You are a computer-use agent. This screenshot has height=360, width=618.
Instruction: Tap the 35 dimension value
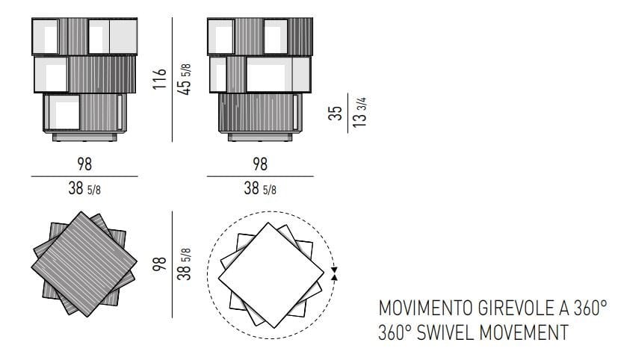click(337, 112)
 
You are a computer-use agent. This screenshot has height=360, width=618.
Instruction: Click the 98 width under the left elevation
click(84, 164)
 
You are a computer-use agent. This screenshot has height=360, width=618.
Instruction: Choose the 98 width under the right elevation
click(259, 164)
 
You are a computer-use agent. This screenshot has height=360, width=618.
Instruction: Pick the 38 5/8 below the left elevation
click(84, 187)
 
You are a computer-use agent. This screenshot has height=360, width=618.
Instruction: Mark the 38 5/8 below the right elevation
click(259, 187)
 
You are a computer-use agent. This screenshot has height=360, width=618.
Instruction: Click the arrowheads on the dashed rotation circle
click(333, 273)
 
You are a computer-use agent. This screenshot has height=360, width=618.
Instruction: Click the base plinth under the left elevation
click(84, 137)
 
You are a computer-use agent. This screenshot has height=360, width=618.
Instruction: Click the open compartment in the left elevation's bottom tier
click(63, 113)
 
